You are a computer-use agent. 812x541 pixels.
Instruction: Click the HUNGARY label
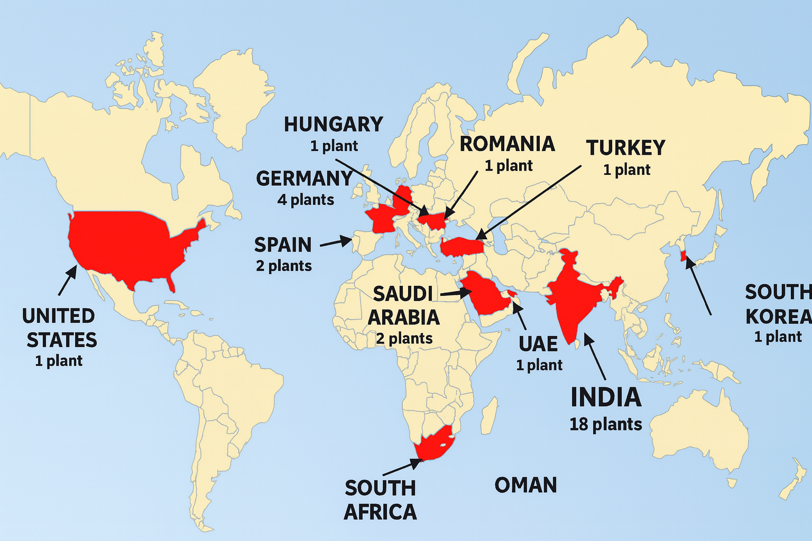(x=333, y=125)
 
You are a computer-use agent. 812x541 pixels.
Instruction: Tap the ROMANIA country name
(x=507, y=144)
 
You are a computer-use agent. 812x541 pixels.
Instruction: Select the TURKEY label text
(x=625, y=148)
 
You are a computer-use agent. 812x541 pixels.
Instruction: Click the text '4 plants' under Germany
(x=306, y=200)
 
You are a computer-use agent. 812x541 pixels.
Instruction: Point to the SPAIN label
(x=283, y=245)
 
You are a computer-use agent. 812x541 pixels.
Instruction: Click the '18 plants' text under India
(x=605, y=424)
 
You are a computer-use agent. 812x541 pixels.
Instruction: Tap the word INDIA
(x=606, y=398)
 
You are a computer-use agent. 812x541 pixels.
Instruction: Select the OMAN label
(x=525, y=486)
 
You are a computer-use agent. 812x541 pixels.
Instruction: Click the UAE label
(x=538, y=344)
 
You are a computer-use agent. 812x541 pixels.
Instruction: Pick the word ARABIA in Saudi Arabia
(x=403, y=318)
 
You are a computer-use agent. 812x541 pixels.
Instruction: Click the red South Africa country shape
(x=433, y=443)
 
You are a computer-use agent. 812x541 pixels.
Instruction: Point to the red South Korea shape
(x=683, y=256)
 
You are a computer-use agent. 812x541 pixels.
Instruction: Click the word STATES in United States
(x=62, y=340)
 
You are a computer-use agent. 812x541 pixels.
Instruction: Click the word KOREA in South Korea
(x=778, y=317)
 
